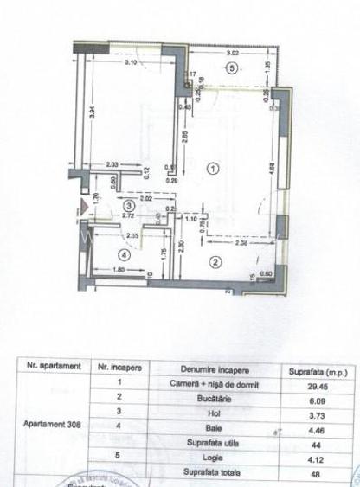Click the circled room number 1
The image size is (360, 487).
point(213,170)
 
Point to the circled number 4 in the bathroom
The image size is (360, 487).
point(125,255)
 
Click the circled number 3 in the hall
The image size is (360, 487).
point(129,206)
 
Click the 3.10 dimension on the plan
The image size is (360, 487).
point(131,64)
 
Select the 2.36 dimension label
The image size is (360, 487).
point(245,243)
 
